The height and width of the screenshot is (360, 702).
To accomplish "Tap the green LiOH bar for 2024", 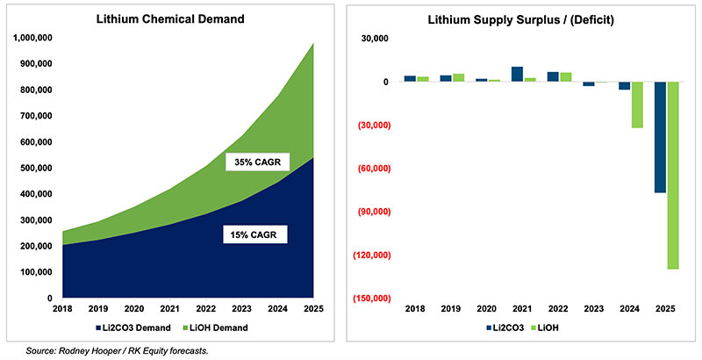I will pos(636,104).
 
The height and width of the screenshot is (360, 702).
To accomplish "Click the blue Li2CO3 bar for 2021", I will pos(518,74).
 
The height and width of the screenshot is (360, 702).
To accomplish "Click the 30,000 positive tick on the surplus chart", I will pos(375,39).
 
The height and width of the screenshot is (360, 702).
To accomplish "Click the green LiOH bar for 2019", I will pos(458,78).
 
